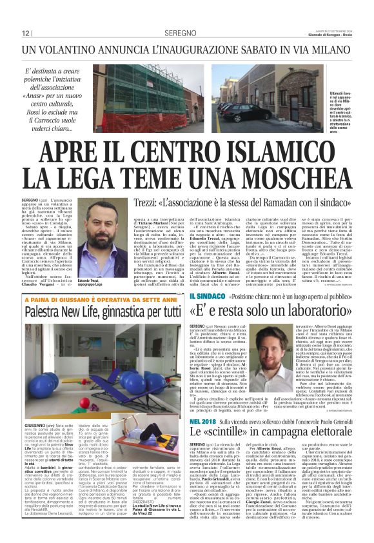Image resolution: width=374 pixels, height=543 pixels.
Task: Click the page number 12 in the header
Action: (x=26, y=33)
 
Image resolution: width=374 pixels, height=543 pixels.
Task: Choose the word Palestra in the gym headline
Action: (x=44, y=313)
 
